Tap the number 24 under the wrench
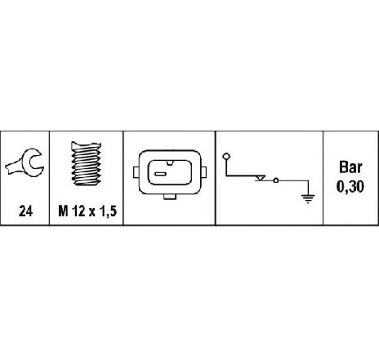click(x=25, y=211)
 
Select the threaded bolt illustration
click(x=87, y=163)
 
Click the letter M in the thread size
click(x=63, y=211)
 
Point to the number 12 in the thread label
click(x=78, y=211)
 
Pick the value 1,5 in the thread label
click(x=109, y=211)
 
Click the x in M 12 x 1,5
click(x=92, y=212)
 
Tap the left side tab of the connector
click(x=136, y=172)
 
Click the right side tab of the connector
click(x=203, y=172)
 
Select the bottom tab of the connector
click(x=170, y=197)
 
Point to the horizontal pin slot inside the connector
click(x=160, y=174)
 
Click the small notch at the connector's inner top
click(x=170, y=163)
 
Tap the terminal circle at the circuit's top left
click(x=226, y=157)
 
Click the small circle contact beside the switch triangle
click(x=276, y=180)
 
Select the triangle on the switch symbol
click(x=260, y=178)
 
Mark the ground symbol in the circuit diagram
click(x=308, y=199)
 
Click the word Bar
click(x=350, y=167)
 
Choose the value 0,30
click(x=350, y=187)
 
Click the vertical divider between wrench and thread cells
click(x=49, y=178)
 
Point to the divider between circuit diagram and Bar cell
click(x=323, y=178)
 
